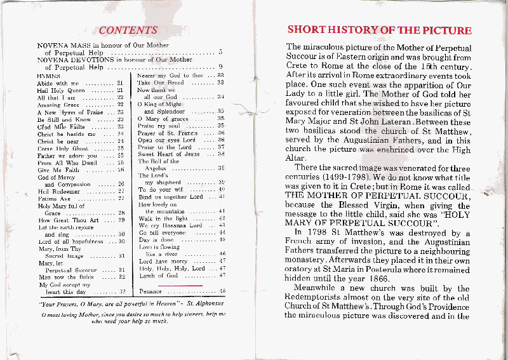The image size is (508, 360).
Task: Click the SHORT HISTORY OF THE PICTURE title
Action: pyautogui.click(x=379, y=30)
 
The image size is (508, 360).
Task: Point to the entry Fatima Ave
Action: pyautogui.click(x=55, y=198)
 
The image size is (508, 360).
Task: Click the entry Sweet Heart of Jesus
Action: pyautogui.click(x=168, y=154)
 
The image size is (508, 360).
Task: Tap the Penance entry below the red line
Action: pyautogui.click(x=152, y=291)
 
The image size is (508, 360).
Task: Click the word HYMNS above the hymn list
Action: pyautogui.click(x=49, y=76)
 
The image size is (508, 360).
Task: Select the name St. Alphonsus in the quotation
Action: pyautogui.click(x=202, y=303)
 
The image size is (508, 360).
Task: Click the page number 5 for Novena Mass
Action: pyautogui.click(x=220, y=52)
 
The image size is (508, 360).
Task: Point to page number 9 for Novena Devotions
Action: pyautogui.click(x=220, y=67)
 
